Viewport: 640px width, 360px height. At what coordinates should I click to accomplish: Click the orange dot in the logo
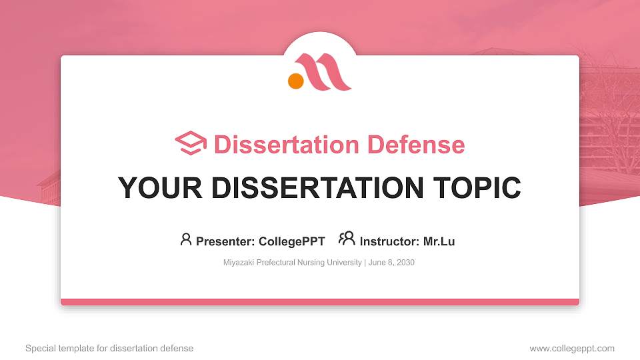click(x=296, y=81)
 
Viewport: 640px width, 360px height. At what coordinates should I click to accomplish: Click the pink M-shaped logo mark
click(x=327, y=72)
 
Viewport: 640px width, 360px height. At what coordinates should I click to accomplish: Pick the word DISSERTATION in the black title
click(x=317, y=188)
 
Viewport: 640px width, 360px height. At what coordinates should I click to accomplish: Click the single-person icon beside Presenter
click(x=186, y=239)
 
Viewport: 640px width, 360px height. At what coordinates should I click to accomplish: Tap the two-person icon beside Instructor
click(x=347, y=239)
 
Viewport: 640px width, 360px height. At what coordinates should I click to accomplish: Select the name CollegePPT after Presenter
click(x=293, y=241)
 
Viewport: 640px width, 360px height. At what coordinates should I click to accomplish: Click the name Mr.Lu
click(x=439, y=241)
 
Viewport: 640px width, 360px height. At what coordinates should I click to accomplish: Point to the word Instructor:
click(x=390, y=241)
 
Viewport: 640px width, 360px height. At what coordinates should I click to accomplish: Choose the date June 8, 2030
click(x=391, y=263)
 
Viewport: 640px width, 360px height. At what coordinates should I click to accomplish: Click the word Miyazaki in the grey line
click(x=239, y=263)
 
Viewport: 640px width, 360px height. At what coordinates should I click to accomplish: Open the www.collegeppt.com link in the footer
click(x=572, y=348)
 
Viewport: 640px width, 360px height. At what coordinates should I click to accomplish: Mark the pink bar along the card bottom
click(x=320, y=302)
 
